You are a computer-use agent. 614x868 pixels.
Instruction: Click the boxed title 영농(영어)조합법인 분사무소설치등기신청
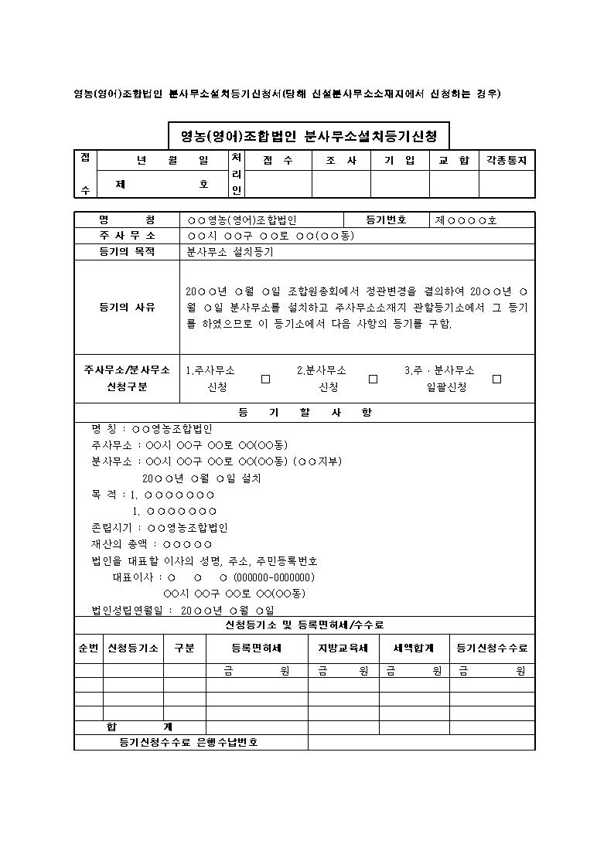tap(309, 137)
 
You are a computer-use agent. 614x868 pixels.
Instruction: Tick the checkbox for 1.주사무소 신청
tap(265, 379)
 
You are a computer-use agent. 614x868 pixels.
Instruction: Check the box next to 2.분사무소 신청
tap(373, 379)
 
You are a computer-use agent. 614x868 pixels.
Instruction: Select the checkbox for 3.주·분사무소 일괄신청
tap(496, 379)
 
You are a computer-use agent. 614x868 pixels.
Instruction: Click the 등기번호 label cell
tap(387, 220)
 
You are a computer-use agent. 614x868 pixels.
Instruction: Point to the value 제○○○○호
tap(466, 220)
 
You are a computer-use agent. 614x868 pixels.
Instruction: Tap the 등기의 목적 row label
tap(127, 252)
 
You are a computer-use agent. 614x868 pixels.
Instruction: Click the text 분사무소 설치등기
tap(230, 252)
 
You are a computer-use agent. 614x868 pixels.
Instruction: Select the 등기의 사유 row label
tap(127, 307)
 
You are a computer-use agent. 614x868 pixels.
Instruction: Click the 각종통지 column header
tap(507, 161)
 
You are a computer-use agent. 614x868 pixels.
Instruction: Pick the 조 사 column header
tap(341, 161)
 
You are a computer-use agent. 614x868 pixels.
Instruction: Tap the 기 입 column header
tap(400, 161)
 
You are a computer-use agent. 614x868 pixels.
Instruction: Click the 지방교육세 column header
tap(343, 648)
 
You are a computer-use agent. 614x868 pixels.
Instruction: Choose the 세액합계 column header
tap(414, 648)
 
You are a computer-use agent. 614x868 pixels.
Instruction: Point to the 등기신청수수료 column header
tap(492, 648)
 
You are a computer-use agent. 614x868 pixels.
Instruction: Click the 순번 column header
tap(88, 648)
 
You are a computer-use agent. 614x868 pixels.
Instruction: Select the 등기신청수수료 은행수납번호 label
tap(189, 742)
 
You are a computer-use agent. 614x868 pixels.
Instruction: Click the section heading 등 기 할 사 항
tap(305, 413)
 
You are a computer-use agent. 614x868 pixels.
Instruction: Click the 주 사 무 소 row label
tap(127, 235)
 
